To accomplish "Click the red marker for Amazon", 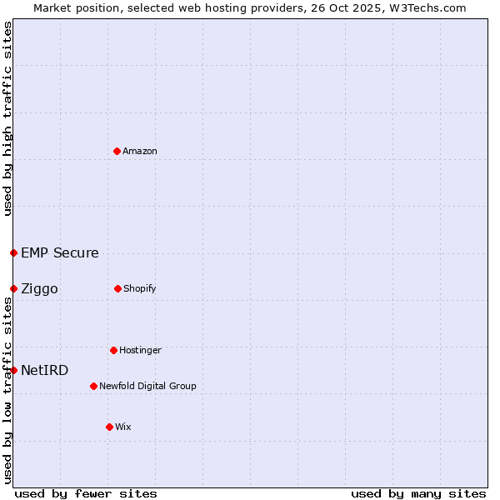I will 117,151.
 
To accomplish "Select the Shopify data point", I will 117,288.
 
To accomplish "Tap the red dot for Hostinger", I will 113,350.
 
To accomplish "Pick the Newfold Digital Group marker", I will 93,386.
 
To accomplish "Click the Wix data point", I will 109,427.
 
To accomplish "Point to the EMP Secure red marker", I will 13,252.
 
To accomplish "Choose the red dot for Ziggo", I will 13,288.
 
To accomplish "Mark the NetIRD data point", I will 13,370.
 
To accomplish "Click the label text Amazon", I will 140,151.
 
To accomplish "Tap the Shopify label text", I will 140,288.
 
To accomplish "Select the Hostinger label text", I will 140,350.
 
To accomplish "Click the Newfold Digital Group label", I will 147,386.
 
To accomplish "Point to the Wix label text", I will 123,427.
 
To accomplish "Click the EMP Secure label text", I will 60,252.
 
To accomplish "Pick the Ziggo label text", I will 39,288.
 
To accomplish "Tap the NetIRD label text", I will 45,370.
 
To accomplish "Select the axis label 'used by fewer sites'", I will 86,493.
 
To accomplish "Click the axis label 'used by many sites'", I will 418,493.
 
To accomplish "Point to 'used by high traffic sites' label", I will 7,118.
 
